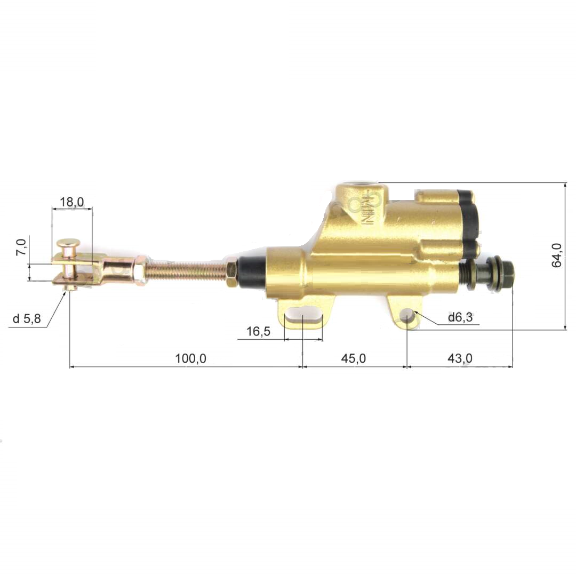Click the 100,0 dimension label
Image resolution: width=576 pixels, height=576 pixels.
point(190,358)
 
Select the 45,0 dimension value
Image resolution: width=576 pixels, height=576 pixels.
point(354,358)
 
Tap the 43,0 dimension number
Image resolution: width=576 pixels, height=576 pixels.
point(460,358)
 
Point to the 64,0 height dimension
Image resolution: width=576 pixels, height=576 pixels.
point(557,255)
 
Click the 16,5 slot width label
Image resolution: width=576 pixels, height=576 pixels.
point(258,331)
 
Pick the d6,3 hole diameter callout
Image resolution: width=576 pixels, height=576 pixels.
point(460,317)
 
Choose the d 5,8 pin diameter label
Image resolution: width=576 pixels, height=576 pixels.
point(27,318)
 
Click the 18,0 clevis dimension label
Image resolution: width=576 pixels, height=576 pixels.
point(72,202)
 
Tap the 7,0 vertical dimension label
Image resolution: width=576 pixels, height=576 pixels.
point(22,247)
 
